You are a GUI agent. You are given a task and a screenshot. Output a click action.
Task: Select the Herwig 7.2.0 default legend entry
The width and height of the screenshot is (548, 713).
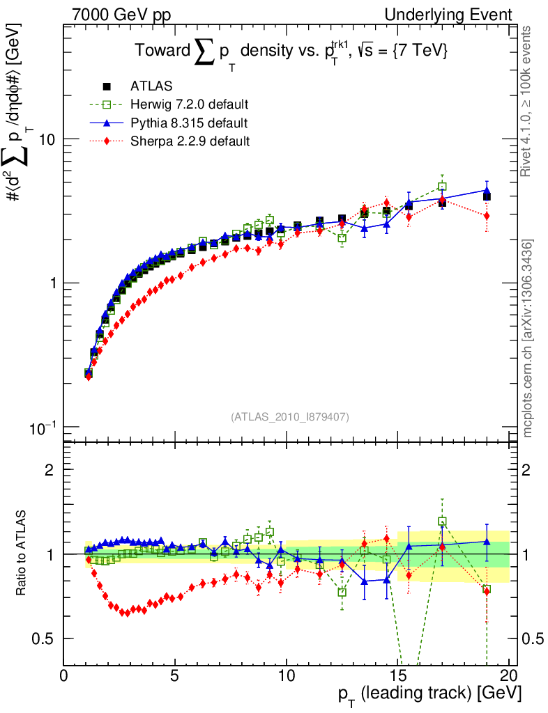tap(188, 104)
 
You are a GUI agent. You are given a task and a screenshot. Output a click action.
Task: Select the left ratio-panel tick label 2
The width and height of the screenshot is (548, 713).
tap(50, 469)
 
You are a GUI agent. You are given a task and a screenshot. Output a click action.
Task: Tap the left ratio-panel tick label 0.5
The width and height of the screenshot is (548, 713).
tap(44, 638)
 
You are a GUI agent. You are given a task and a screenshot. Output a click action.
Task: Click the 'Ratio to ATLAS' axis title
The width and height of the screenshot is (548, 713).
tap(22, 554)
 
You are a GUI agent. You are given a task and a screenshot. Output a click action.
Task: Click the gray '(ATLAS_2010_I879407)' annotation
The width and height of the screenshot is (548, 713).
tap(290, 416)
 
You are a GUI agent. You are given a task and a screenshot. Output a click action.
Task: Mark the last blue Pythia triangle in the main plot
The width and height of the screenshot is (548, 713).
tap(487, 190)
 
